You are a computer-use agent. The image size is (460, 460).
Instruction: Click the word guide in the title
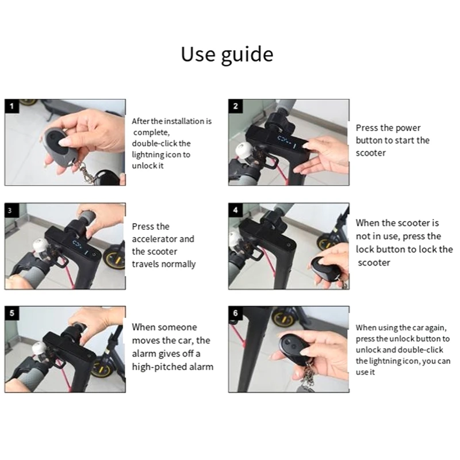247,55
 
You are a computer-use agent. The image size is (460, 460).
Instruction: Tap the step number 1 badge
11,106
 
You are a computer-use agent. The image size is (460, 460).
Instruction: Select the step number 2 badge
236,106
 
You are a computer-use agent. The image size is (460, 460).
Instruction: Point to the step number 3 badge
11,210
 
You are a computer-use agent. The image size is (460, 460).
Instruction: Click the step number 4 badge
236,210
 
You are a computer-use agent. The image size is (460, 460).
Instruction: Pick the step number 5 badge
11,313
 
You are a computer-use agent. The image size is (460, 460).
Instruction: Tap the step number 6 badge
236,313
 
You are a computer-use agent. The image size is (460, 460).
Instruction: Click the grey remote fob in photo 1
59,147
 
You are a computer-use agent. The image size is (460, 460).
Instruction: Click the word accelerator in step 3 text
163,239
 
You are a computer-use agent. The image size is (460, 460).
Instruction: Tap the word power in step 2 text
408,128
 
